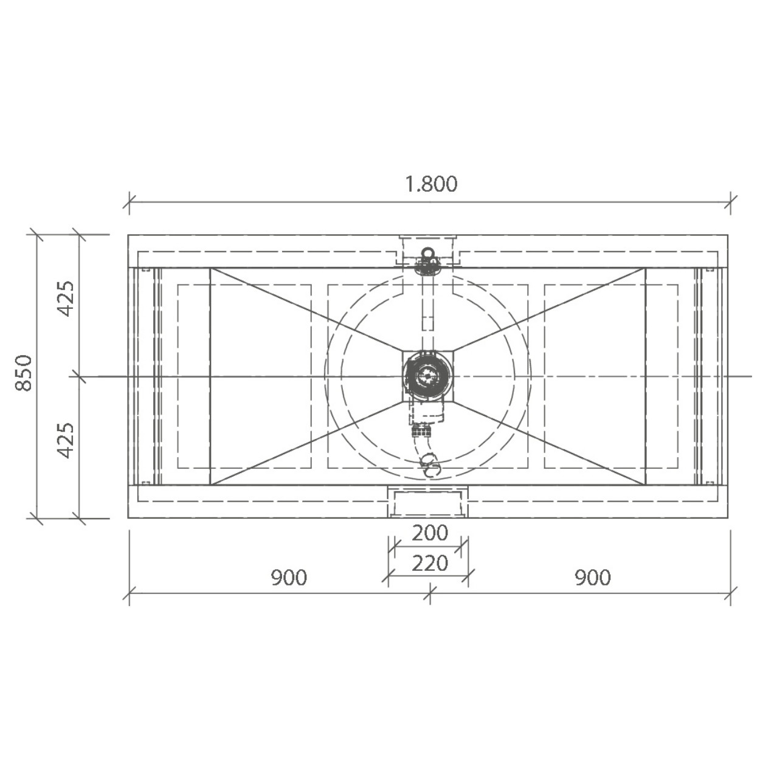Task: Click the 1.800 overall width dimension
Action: point(432,184)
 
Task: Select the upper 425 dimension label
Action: point(66,298)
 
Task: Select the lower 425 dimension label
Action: point(66,440)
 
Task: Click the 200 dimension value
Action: point(430,533)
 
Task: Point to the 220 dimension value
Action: point(430,563)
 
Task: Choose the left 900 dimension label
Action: point(289,578)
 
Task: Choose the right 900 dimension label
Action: point(593,578)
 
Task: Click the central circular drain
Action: point(427,376)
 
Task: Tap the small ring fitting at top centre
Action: point(427,252)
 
